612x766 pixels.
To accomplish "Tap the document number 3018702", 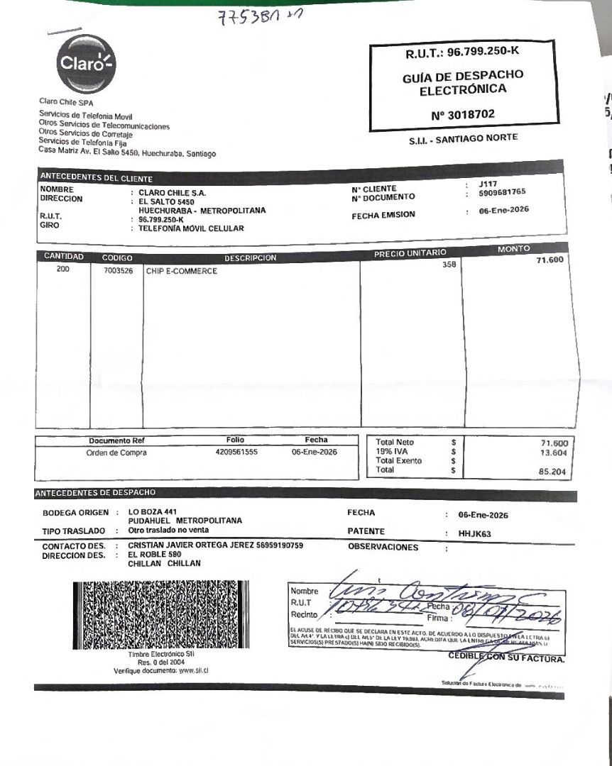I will tap(463, 113).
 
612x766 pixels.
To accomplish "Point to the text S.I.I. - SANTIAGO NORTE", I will tap(463, 139).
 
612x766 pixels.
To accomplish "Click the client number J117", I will tap(488, 184).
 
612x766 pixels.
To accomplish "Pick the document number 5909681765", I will tap(502, 193).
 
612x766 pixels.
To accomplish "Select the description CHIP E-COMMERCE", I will tap(182, 271).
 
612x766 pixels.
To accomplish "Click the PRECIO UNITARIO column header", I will tap(410, 253).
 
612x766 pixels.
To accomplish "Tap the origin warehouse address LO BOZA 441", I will tap(148, 512).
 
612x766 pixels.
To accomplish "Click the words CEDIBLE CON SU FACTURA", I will tap(507, 657).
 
